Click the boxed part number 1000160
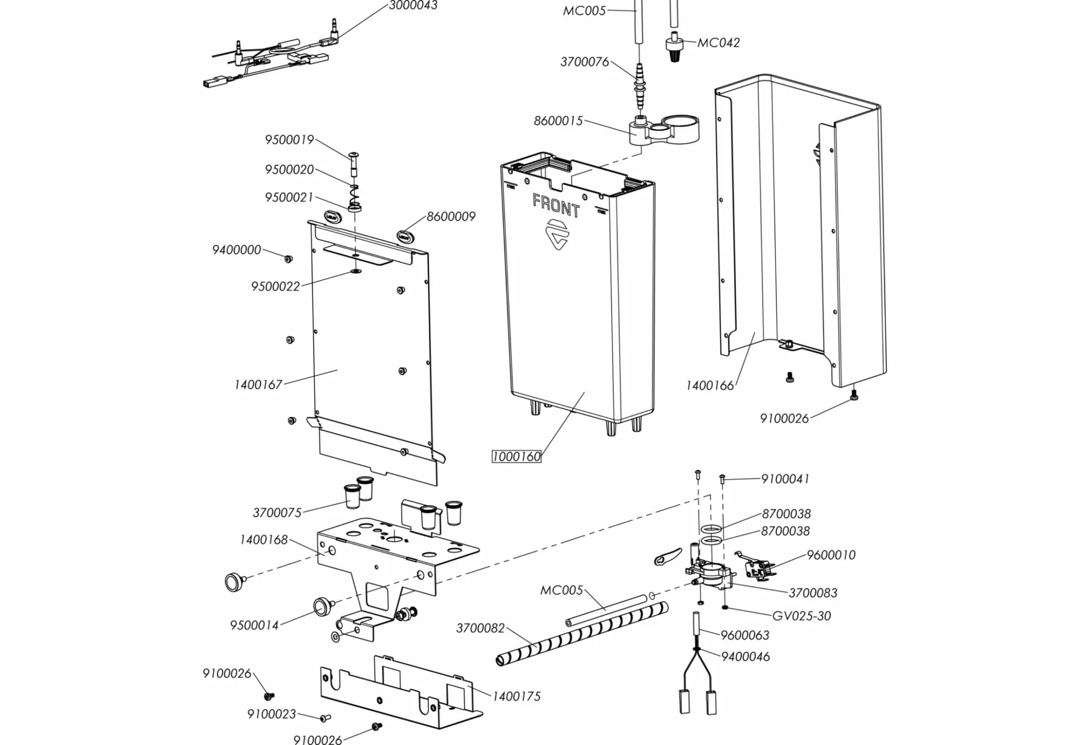point(516,456)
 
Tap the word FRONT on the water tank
point(556,206)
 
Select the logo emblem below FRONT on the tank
point(557,234)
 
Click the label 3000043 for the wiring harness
point(413,6)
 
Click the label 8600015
point(558,121)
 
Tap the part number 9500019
point(289,140)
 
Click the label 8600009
point(451,217)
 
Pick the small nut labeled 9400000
point(288,258)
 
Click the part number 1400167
point(258,385)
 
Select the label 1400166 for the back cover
point(709,386)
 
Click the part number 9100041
point(785,479)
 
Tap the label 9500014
point(254,625)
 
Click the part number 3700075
point(277,513)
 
